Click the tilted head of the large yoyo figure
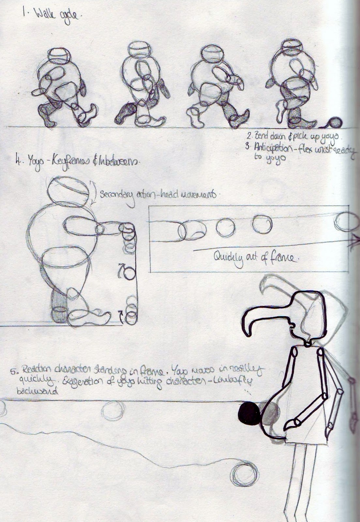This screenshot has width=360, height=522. point(68,190)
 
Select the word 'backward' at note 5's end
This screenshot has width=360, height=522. point(37,392)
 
